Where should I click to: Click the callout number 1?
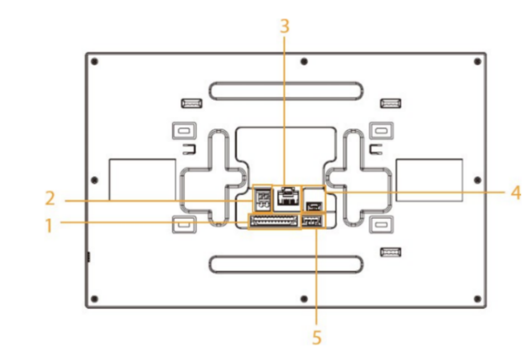(x=50, y=224)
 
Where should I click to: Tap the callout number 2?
(x=50, y=201)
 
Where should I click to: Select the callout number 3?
(x=284, y=25)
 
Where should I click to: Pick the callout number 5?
(x=317, y=338)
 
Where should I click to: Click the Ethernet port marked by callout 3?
(x=288, y=198)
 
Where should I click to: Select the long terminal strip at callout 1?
(x=273, y=222)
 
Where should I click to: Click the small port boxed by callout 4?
(x=314, y=206)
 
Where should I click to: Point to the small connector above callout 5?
(x=311, y=222)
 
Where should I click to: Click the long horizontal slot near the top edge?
(x=286, y=90)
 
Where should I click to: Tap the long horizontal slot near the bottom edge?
(x=286, y=264)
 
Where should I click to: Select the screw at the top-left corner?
(x=95, y=62)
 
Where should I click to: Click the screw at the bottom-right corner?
(x=477, y=297)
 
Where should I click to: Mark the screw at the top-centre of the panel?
(x=302, y=62)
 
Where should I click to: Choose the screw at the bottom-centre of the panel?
(x=302, y=297)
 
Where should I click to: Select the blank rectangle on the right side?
(x=429, y=178)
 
